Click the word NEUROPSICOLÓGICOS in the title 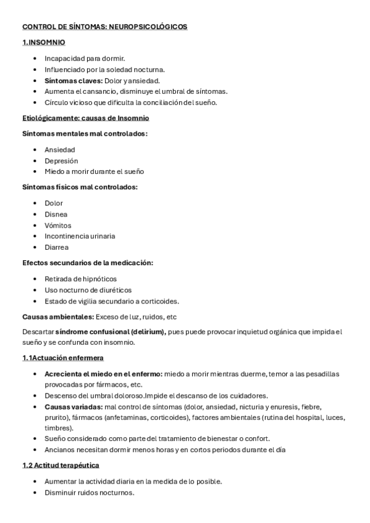tap(149, 27)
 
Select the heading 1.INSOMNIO tap(44, 43)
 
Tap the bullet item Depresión tap(61, 161)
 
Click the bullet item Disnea tap(57, 214)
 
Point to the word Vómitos tap(59, 225)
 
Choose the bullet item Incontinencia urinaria tap(80, 236)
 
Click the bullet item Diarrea tap(57, 247)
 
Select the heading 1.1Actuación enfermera tap(63, 358)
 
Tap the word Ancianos tap(59, 449)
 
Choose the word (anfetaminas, tap(125, 418)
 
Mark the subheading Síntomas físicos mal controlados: tap(80, 187)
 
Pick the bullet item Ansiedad tap(60, 150)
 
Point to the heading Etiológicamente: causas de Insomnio tap(85, 118)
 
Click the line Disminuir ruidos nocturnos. tap(89, 492)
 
